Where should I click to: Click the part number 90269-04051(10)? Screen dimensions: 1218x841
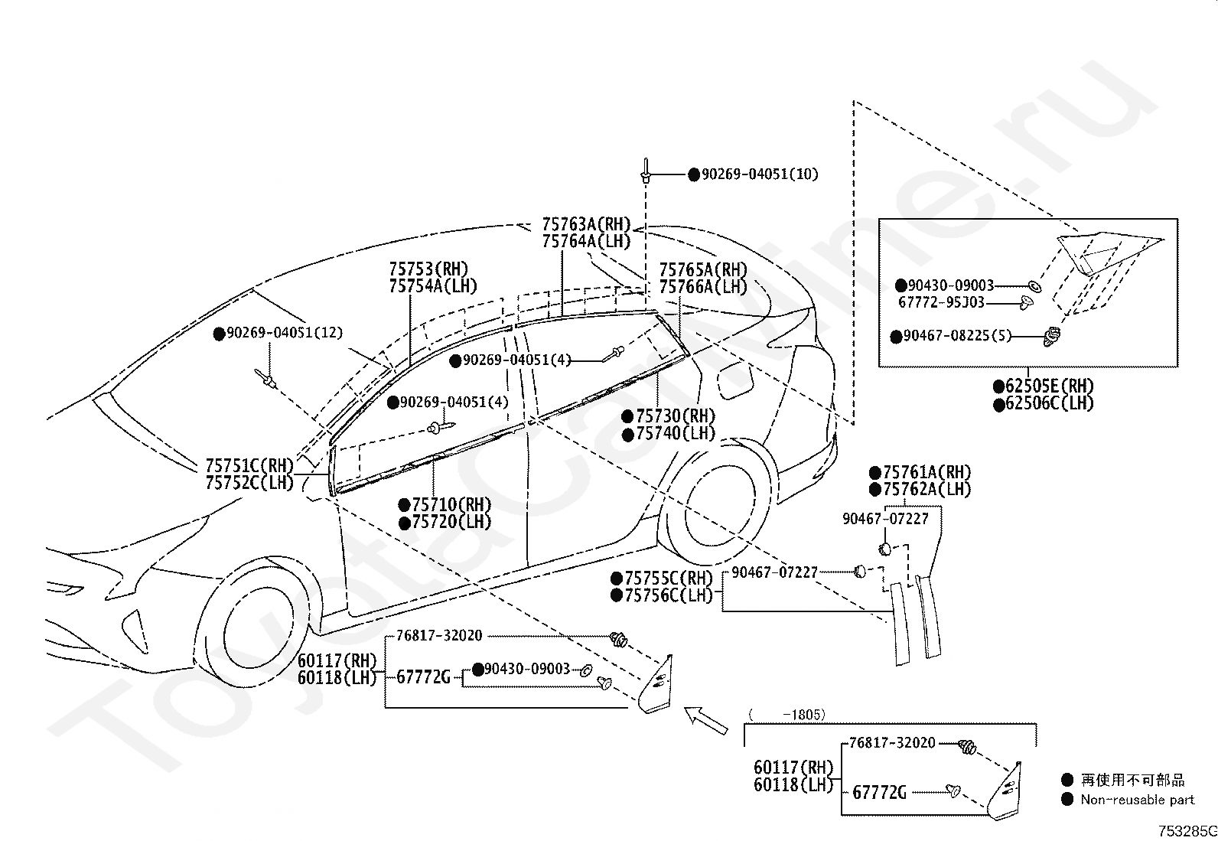[760, 174]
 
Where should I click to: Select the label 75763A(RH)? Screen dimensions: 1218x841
[586, 224]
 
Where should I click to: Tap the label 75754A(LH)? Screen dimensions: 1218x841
[433, 286]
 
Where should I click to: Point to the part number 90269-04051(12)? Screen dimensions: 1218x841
[285, 333]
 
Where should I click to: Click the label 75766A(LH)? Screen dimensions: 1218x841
[703, 287]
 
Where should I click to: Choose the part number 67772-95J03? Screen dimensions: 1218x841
[941, 302]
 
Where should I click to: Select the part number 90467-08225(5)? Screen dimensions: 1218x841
[957, 336]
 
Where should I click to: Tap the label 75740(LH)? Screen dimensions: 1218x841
[676, 434]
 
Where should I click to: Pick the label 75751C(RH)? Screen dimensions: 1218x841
[249, 466]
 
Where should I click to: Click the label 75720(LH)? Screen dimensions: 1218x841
[451, 522]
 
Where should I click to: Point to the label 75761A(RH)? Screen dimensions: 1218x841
[927, 472]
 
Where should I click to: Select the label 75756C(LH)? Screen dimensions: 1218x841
[669, 595]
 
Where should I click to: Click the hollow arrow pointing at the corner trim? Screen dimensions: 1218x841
[705, 720]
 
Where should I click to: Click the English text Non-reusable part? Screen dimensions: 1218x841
[1138, 800]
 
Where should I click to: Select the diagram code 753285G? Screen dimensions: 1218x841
[1187, 831]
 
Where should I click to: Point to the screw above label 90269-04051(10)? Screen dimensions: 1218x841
[646, 171]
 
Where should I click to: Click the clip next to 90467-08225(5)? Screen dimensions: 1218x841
[1052, 336]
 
